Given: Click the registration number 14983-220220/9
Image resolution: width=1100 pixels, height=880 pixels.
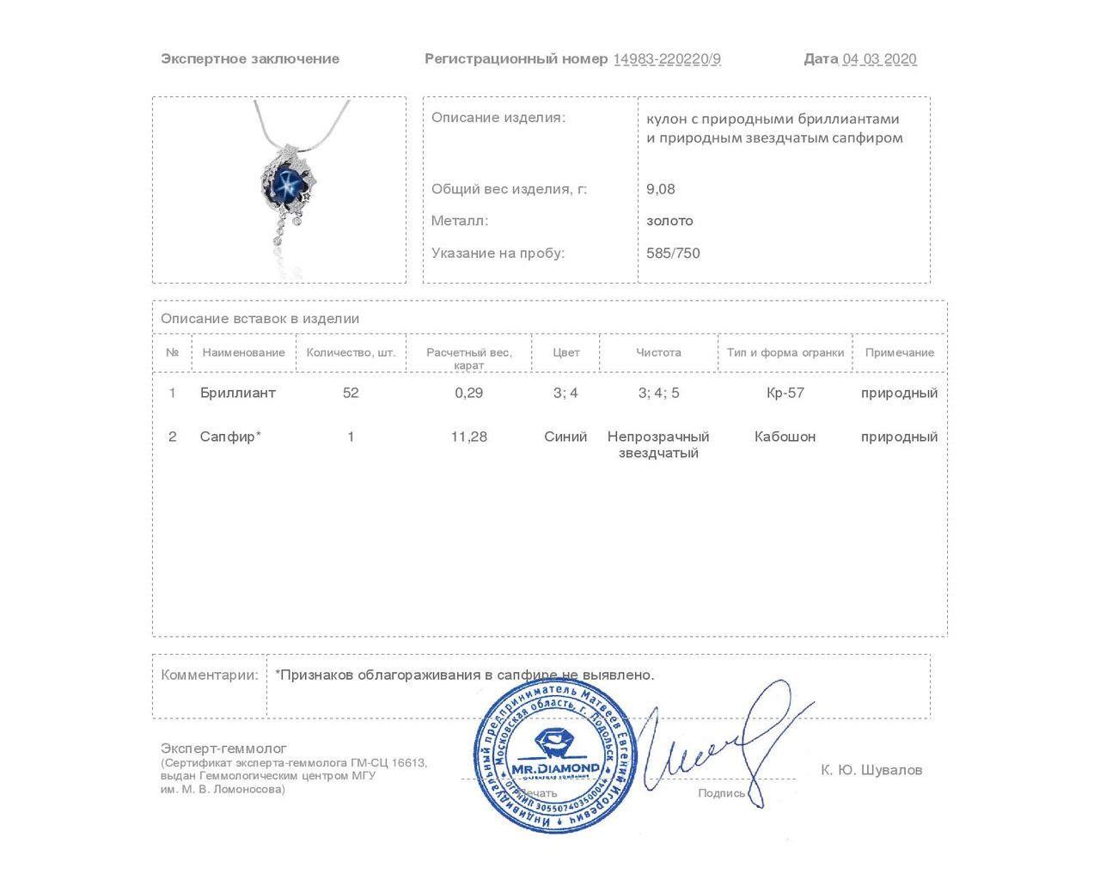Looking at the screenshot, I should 667,59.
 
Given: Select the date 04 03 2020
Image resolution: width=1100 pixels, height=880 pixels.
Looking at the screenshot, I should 879,59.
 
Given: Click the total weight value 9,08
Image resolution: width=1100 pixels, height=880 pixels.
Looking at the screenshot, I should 661,189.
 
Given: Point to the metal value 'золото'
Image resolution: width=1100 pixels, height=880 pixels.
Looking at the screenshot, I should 669,221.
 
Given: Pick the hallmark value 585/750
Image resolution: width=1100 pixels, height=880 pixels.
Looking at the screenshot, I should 673,253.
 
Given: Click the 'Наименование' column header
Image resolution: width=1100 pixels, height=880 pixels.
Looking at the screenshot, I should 243,352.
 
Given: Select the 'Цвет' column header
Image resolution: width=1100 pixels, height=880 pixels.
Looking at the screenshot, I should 565,352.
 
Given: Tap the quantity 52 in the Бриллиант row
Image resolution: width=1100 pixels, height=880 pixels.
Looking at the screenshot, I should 351,393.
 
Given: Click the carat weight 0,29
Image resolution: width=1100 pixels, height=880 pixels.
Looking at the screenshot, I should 469,393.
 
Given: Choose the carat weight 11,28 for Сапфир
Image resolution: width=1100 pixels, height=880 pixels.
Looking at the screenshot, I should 469,437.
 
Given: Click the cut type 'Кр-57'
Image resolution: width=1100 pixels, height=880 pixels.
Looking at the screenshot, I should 785,393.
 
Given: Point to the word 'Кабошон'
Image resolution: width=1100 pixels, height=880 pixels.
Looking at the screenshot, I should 785,437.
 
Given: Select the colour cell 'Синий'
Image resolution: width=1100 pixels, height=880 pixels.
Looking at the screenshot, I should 565,437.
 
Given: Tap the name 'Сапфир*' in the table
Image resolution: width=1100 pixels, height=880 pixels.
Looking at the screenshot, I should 230,437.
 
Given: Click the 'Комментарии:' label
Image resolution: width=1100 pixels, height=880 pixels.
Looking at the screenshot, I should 210,675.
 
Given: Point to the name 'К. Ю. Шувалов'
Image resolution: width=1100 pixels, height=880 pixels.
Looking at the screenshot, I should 871,770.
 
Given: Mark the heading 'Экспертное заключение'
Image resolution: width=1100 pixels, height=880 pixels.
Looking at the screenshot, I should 250,59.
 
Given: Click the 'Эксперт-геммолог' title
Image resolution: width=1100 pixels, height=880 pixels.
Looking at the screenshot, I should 223,749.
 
